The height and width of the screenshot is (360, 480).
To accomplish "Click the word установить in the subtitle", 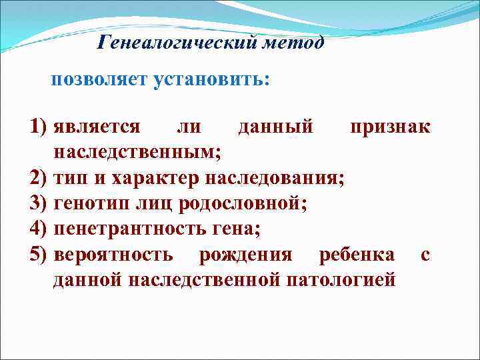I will (211, 81).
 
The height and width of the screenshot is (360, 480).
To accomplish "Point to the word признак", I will (391, 127).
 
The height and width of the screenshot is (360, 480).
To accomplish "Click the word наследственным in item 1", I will (137, 153).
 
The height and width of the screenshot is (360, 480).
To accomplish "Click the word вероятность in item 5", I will (114, 254).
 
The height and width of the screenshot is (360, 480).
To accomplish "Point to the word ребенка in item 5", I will (357, 254).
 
